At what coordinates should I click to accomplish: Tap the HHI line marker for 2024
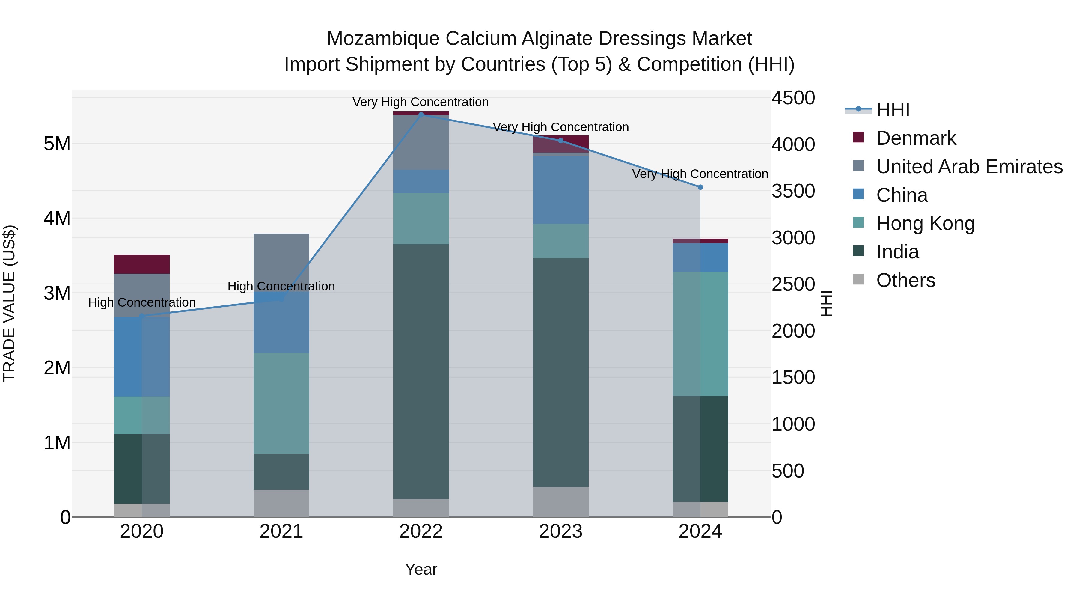point(700,187)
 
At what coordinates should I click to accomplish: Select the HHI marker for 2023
point(561,141)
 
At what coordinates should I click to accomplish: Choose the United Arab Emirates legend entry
point(969,167)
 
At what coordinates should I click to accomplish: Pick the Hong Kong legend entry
point(925,223)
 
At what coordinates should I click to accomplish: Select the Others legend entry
point(905,280)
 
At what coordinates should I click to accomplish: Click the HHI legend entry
point(893,110)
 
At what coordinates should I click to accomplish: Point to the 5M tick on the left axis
point(57,144)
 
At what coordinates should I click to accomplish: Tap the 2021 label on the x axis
point(281,531)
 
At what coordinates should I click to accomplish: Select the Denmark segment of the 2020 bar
point(141,264)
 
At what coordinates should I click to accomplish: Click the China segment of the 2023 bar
point(561,190)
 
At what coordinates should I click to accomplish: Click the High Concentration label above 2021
point(281,287)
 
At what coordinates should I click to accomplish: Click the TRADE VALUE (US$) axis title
point(9,303)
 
